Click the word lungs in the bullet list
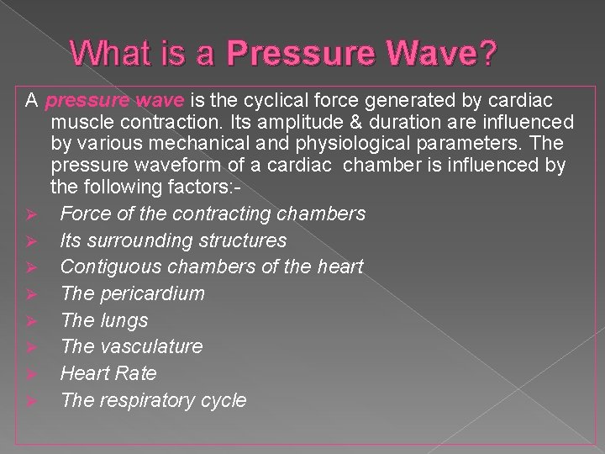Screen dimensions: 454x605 coord(124,321)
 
